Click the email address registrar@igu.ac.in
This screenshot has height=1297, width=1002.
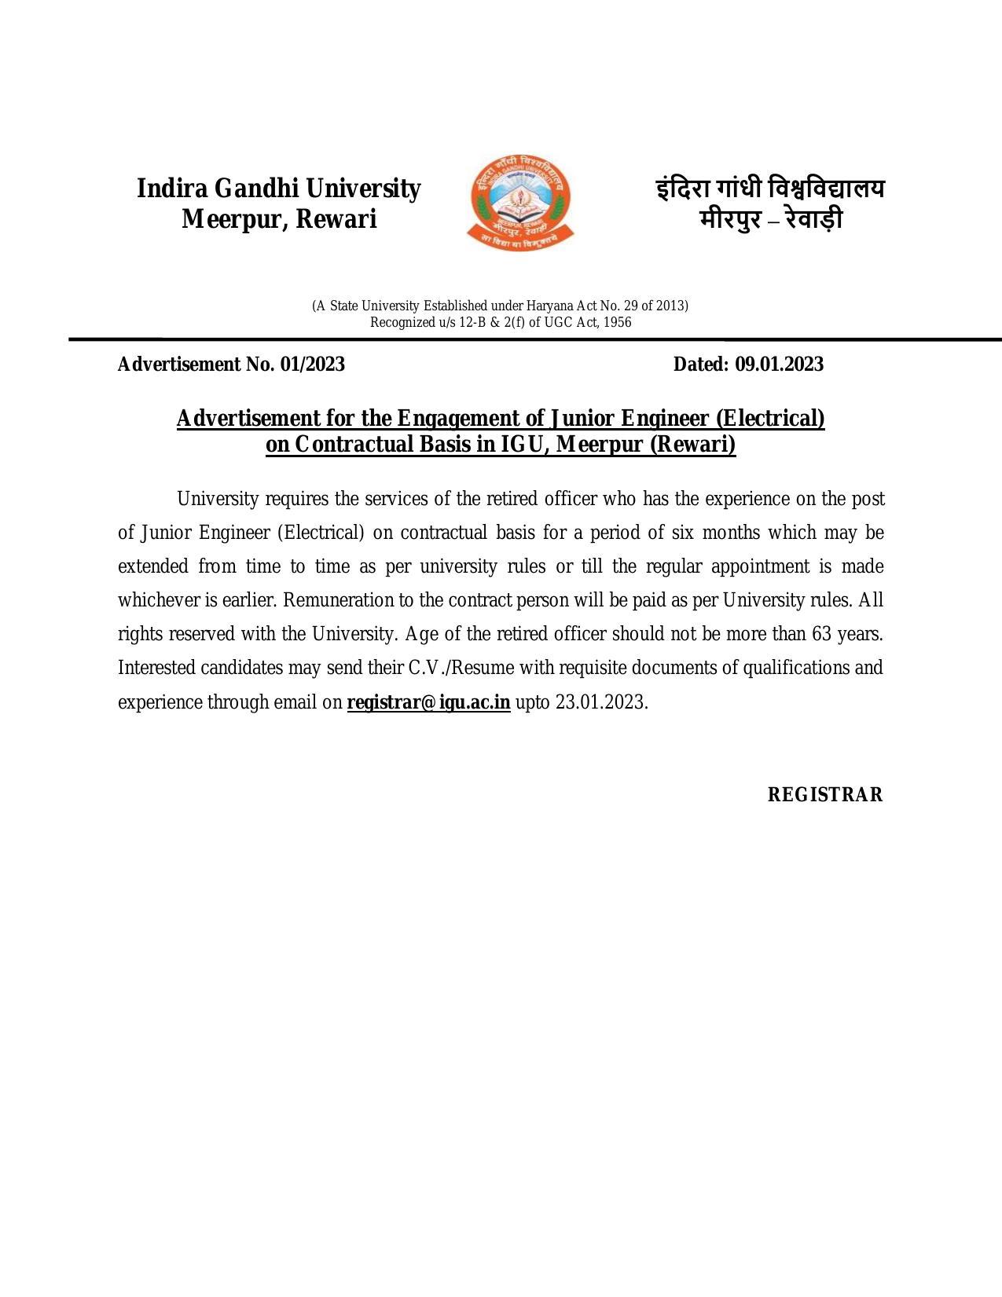428,702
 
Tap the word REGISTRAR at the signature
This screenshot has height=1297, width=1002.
824,795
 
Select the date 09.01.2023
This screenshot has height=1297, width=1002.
779,365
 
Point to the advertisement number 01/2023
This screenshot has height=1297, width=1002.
312,365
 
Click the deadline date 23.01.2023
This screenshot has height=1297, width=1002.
600,702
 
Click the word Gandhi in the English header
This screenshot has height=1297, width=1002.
256,189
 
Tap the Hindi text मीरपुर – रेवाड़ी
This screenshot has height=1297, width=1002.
770,219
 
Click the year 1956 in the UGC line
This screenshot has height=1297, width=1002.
617,322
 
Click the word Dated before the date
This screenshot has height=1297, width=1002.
701,365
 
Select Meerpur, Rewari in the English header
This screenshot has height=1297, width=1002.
279,219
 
